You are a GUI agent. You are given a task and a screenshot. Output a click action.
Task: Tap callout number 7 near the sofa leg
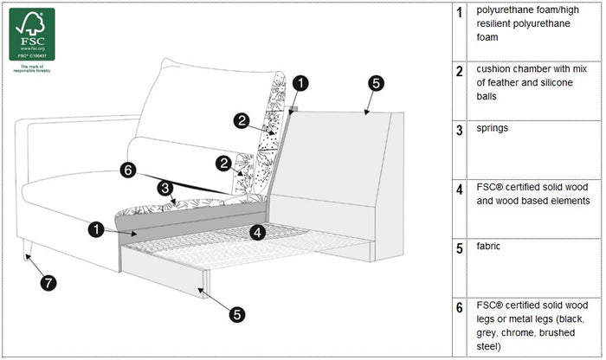coord(48,282)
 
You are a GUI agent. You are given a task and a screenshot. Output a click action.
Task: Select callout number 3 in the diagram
coord(164,188)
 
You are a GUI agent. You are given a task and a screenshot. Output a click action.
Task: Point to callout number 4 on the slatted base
coord(258,231)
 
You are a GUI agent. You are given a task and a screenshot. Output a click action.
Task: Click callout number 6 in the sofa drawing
coord(128,170)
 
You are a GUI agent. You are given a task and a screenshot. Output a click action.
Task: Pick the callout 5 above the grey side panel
coord(375,84)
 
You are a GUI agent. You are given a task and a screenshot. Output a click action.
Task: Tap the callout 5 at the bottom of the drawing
coord(237,315)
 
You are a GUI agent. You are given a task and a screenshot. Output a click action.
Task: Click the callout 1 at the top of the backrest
coord(299,84)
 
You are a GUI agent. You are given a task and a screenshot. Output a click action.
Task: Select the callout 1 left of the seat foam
coord(96,229)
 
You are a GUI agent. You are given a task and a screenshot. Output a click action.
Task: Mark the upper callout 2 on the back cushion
coord(242,121)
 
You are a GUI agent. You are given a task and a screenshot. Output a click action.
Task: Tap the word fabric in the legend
coord(489,247)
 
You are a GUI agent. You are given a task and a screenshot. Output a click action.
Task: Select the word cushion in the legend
coord(495,67)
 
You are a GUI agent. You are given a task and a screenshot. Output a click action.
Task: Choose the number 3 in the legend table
coord(459,130)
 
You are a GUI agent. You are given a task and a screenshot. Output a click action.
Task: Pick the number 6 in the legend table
coord(459,307)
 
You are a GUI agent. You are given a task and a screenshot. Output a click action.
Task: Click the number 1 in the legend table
coord(459,11)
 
